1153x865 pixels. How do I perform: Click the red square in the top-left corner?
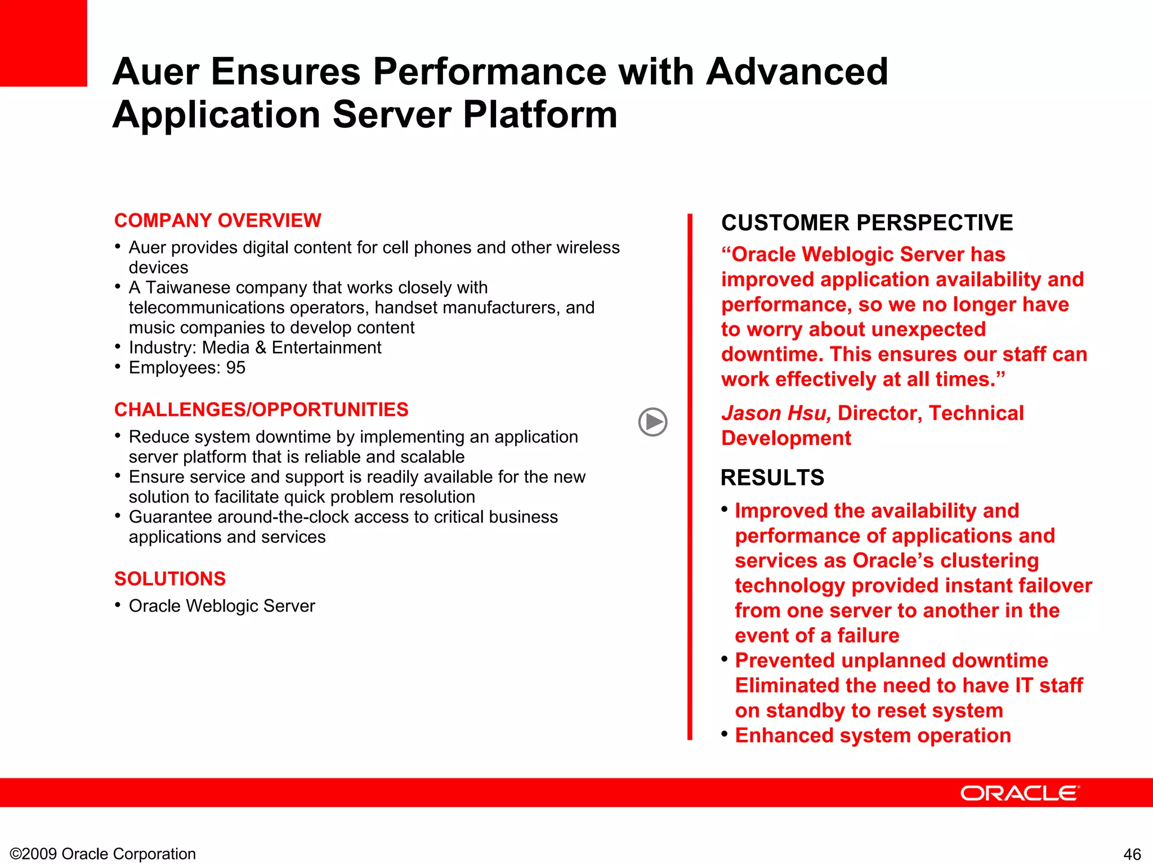click(x=43, y=43)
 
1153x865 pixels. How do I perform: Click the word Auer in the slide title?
click(x=156, y=72)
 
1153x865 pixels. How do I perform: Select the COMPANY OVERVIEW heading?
click(x=217, y=220)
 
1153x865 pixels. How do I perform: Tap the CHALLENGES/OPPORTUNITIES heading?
click(x=261, y=409)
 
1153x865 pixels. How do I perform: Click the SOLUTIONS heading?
click(x=169, y=579)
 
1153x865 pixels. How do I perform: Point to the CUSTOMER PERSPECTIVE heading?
click(x=866, y=223)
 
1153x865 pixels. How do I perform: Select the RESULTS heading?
click(x=772, y=478)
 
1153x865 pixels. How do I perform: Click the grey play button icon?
click(x=653, y=422)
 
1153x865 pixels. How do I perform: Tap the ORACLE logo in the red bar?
click(x=1020, y=793)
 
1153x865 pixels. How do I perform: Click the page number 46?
click(x=1132, y=854)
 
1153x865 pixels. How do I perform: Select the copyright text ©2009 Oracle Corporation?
click(x=103, y=854)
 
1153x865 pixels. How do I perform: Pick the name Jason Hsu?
click(x=775, y=413)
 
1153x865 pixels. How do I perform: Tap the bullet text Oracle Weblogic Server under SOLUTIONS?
click(x=222, y=606)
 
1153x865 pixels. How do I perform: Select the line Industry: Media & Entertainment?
click(x=254, y=347)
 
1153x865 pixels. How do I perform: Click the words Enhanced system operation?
click(x=873, y=735)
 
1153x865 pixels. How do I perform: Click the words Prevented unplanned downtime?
click(x=891, y=661)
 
